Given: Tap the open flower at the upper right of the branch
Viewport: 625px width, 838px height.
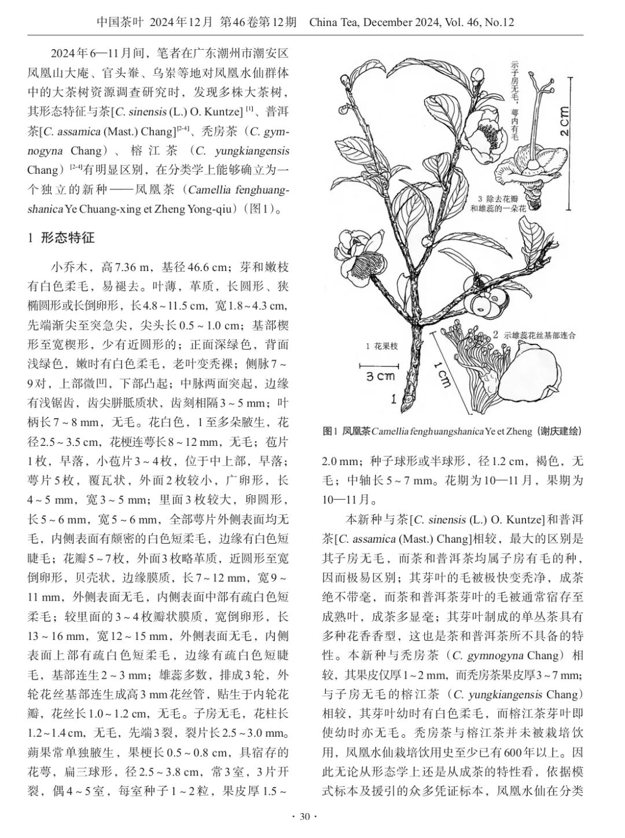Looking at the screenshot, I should (485, 138).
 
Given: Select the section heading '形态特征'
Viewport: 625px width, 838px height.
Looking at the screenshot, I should (67, 237).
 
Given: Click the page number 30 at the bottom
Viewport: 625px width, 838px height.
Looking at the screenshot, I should (305, 817).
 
